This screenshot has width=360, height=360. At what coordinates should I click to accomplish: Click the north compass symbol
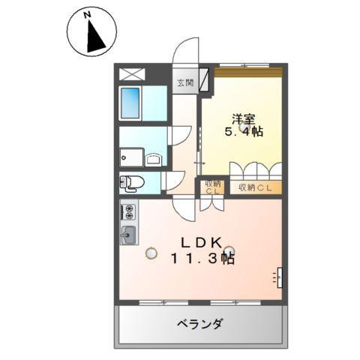coord(91,31)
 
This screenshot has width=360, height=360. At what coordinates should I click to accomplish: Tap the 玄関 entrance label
coord(184,83)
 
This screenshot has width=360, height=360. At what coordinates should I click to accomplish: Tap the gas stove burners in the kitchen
coord(128,210)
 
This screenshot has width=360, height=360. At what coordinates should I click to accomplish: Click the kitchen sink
coord(128,234)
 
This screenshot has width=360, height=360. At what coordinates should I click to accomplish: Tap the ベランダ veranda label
coord(199,324)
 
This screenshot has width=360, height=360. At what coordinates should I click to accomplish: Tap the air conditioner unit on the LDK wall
coord(278,277)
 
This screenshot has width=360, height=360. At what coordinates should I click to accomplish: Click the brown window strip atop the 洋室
coord(248,71)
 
